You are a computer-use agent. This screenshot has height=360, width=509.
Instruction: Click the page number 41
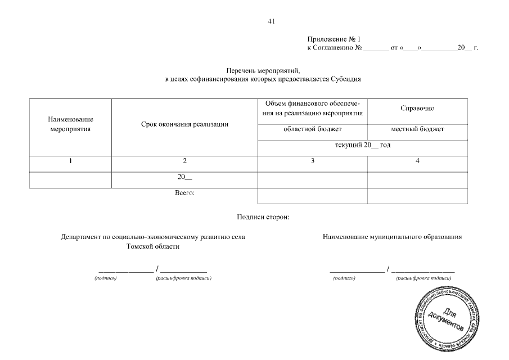click(x=271, y=22)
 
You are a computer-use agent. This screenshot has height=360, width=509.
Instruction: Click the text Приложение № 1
click(x=333, y=39)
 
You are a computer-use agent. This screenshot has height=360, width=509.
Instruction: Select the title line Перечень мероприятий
click(x=263, y=71)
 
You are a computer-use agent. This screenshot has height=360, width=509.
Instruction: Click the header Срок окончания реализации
click(x=184, y=124)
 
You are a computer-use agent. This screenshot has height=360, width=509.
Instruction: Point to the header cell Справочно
click(x=417, y=108)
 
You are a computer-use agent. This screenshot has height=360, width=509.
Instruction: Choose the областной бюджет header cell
click(x=312, y=129)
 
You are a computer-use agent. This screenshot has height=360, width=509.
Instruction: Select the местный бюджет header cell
click(x=417, y=129)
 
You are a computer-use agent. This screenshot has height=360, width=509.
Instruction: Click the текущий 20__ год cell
click(x=362, y=145)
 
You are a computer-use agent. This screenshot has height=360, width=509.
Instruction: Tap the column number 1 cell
click(x=70, y=161)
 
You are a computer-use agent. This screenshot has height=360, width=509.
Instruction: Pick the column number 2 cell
click(x=184, y=161)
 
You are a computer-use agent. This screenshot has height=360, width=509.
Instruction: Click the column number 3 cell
click(x=312, y=161)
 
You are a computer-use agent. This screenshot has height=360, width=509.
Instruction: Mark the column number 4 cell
click(x=417, y=161)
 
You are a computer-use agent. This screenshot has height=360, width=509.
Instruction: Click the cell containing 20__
click(x=184, y=178)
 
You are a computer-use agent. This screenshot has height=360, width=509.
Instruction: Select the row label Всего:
click(x=184, y=193)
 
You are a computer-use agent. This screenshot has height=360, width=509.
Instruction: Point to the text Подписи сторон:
click(x=263, y=217)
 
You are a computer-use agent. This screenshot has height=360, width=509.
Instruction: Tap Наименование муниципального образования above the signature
click(x=392, y=237)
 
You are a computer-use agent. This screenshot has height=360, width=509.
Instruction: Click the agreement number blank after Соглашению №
click(x=376, y=48)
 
